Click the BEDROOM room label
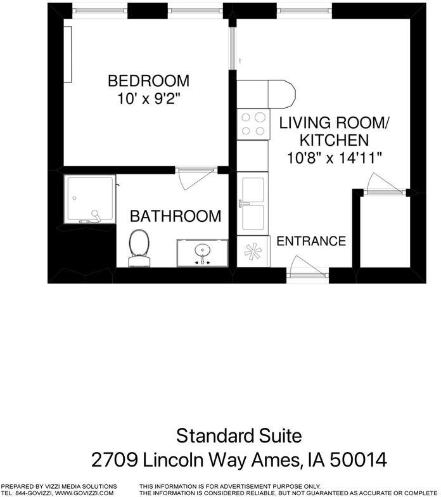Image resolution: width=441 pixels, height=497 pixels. coord(148,81)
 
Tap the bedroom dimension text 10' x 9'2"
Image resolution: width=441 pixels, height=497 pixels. coord(148,100)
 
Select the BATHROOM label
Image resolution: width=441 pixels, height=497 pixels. coord(176,216)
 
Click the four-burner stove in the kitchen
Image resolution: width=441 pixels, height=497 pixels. coord(252,124)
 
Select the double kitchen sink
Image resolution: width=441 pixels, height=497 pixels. coord(252,203)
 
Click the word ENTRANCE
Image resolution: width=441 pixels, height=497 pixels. coord(311,242)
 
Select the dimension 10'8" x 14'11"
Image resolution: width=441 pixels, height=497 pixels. coord(334,158)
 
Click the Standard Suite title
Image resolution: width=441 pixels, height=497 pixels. coord(239,436)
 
